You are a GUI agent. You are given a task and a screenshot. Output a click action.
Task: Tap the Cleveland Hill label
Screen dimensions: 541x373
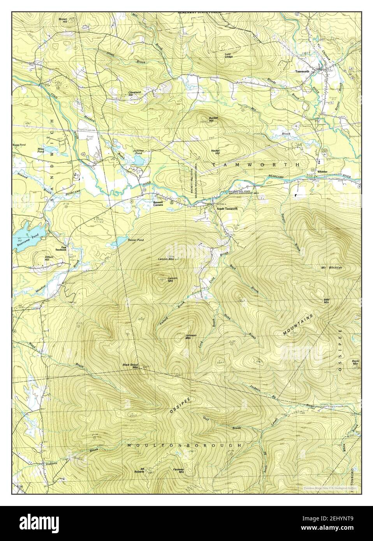[134, 93]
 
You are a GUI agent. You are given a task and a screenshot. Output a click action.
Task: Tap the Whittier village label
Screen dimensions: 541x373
[322, 172]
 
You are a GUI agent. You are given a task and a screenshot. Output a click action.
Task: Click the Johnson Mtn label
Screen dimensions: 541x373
[190, 337]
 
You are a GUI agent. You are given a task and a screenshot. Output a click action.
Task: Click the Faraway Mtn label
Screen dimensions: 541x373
[179, 471]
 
